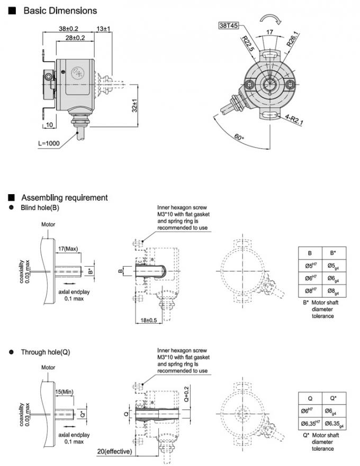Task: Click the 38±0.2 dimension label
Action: pos(68,29)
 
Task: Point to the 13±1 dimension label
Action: pos(103,29)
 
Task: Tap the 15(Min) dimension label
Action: pos(66,391)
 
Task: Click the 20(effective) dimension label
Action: pos(117,451)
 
